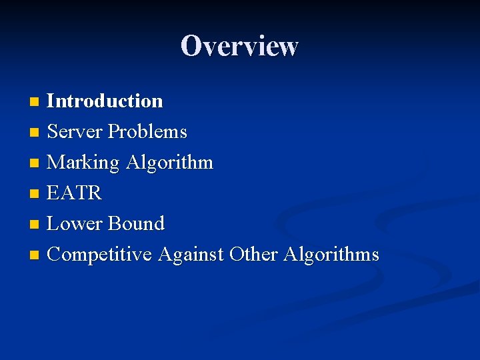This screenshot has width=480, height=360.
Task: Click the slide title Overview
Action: [x=239, y=46]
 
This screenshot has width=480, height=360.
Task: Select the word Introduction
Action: [x=105, y=101]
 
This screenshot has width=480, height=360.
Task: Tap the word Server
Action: [x=75, y=132]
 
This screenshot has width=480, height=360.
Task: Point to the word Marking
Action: [x=83, y=163]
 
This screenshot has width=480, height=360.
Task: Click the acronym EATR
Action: [x=74, y=193]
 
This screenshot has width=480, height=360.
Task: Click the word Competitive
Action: [x=100, y=255]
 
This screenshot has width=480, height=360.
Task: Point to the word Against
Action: [x=191, y=255]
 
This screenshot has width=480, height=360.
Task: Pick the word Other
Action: [x=254, y=255]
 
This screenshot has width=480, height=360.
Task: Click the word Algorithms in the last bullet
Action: [x=331, y=255]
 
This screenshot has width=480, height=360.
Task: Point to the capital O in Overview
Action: [x=191, y=46]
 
